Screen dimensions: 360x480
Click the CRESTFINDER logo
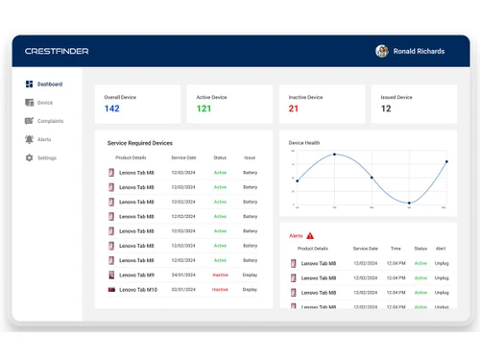(57, 51)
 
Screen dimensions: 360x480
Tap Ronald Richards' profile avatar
(382, 51)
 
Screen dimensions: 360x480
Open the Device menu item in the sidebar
(44, 103)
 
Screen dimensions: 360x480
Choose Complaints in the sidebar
(50, 121)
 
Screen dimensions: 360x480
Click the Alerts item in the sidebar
(44, 139)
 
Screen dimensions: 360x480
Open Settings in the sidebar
(46, 157)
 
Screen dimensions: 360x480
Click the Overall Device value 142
(112, 108)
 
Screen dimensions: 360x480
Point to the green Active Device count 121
(204, 108)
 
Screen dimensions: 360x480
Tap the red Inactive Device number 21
(294, 108)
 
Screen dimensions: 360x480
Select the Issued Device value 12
(386, 108)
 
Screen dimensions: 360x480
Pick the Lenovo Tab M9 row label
(136, 275)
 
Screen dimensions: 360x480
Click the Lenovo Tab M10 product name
(138, 289)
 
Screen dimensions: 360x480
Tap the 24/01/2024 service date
(183, 275)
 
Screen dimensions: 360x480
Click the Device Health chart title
(304, 143)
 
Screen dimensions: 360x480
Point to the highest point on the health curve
(334, 155)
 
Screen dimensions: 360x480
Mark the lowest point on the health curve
(409, 203)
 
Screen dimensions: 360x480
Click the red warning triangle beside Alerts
(310, 235)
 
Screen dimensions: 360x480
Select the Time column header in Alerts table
(396, 249)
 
